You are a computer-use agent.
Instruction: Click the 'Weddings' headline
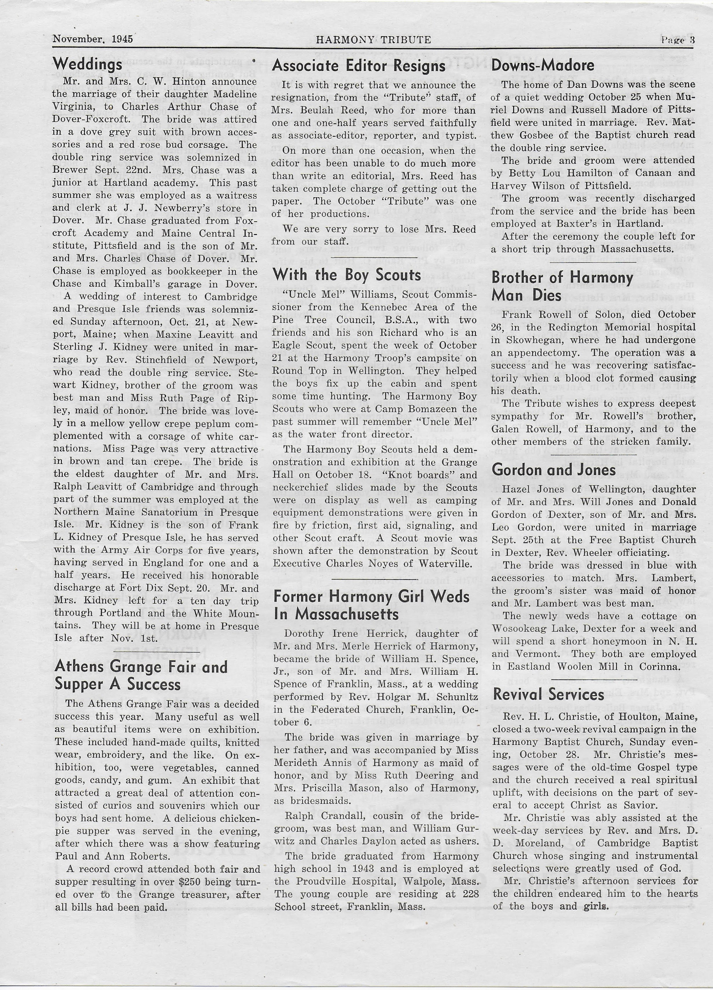click(x=88, y=65)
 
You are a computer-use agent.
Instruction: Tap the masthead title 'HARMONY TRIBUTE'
click(x=373, y=40)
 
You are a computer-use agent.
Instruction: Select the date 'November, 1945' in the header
click(x=93, y=39)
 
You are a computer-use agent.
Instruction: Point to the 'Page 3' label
click(x=678, y=40)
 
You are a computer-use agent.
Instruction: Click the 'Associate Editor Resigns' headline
click(x=359, y=66)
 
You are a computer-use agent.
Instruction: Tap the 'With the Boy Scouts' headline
click(x=347, y=275)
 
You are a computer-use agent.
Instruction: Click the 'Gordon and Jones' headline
click(x=554, y=470)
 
